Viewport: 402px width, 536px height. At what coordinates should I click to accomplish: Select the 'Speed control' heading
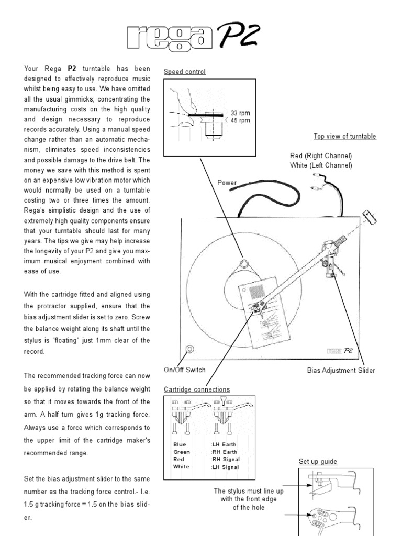pos(185,72)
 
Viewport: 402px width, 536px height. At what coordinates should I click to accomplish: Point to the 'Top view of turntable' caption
pos(344,137)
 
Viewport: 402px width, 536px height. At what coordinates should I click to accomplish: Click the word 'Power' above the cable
pos(227,183)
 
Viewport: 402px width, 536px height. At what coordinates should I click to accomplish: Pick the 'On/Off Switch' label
pos(184,370)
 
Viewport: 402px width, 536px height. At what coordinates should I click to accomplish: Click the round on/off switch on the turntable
pos(189,349)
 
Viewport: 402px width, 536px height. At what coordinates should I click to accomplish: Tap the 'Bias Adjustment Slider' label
pos(341,371)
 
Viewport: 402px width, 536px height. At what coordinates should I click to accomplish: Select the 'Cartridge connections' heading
pos(196,389)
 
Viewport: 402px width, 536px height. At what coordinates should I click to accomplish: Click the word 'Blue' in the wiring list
pos(180,444)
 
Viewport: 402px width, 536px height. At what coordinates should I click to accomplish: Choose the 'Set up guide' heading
pos(318,462)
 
